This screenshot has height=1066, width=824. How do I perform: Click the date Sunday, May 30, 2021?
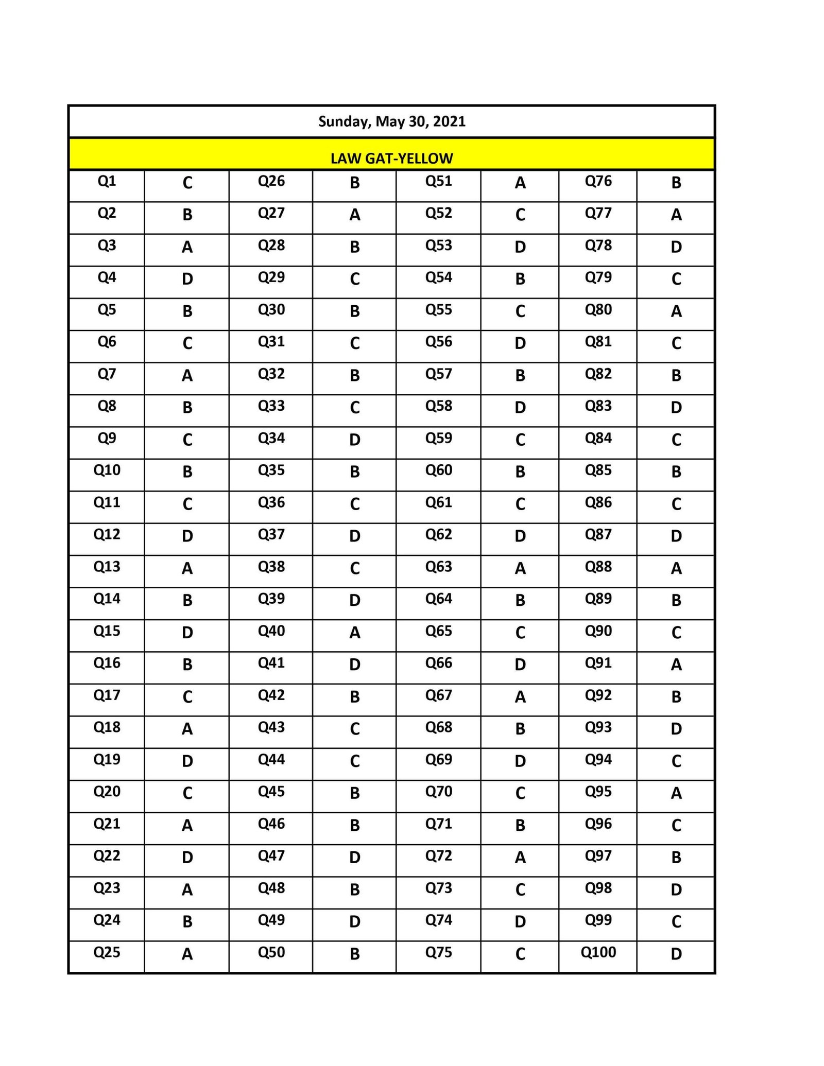[x=391, y=121]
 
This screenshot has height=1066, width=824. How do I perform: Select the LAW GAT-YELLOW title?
[x=391, y=158]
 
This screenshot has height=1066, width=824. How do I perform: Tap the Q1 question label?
[x=107, y=181]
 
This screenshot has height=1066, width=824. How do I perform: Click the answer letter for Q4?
[x=187, y=279]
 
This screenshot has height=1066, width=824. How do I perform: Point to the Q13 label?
[x=107, y=567]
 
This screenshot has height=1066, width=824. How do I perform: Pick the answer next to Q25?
[x=187, y=954]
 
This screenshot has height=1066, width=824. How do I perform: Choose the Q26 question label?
[x=271, y=181]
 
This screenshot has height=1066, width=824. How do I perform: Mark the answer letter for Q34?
[x=354, y=440]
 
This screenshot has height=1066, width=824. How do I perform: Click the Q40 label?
[x=271, y=631]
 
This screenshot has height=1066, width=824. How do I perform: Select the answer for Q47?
[x=354, y=858]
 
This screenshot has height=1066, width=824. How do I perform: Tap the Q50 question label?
[x=271, y=952]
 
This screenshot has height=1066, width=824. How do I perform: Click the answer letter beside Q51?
[x=520, y=183]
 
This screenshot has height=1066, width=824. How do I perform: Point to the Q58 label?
[x=438, y=406]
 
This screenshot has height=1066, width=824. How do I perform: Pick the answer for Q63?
[x=520, y=568]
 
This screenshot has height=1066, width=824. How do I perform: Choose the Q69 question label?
[x=438, y=759]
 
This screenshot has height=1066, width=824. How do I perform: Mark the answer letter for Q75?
[x=520, y=954]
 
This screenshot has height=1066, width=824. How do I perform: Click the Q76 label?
[x=598, y=181]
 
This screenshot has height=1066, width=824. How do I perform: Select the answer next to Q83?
[x=676, y=408]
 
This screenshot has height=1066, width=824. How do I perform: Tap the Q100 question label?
[x=598, y=952]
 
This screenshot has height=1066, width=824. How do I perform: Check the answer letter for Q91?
[x=676, y=665]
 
